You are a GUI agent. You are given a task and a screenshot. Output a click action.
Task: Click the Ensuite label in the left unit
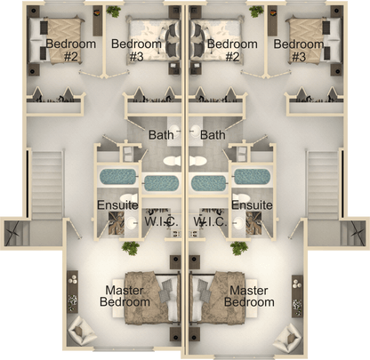click(116, 205)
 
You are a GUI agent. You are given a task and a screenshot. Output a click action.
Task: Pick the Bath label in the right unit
click(213, 135)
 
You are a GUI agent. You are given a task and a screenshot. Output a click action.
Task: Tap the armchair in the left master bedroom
click(83, 332)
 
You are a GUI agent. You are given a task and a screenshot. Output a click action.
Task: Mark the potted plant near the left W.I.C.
click(131, 248)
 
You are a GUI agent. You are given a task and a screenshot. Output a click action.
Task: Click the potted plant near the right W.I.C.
click(237, 248)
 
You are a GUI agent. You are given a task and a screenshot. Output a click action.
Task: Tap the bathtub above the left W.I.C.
click(161, 183)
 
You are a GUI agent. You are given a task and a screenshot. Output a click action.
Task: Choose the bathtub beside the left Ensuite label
click(114, 177)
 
